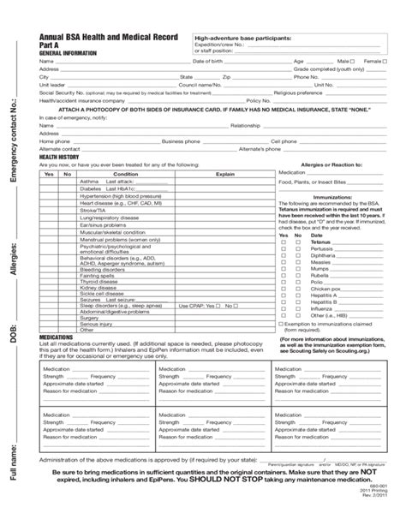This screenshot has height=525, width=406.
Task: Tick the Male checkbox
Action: [x=353, y=62]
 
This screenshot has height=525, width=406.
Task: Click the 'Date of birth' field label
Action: [x=207, y=62]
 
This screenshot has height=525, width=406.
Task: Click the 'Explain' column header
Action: [x=224, y=173]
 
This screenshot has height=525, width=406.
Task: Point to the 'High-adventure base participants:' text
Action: [x=242, y=39]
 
